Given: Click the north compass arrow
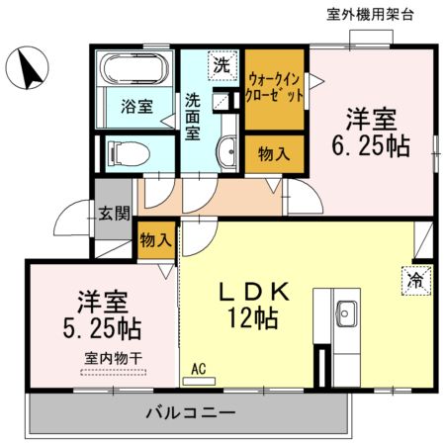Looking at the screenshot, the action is click(x=30, y=69).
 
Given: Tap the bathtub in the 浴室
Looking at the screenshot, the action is click(x=133, y=68).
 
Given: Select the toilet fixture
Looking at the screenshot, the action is click(x=129, y=153).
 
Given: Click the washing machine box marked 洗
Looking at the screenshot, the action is click(x=222, y=65).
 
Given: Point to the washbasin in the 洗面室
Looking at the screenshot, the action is click(x=226, y=152).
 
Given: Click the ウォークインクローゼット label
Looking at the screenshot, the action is click(x=274, y=87).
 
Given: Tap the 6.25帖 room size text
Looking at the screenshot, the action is click(x=371, y=145).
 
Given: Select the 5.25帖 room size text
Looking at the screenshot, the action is click(x=102, y=328).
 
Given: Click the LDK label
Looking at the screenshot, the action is click(x=254, y=292).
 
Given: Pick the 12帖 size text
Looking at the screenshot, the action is click(x=253, y=317).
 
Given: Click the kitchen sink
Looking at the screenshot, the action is click(x=346, y=313).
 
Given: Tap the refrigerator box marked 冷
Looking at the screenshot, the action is click(x=416, y=281).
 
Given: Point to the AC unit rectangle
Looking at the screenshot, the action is click(x=199, y=382).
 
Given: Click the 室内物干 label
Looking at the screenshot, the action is click(x=113, y=358).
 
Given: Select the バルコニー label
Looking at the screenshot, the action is click(x=191, y=412).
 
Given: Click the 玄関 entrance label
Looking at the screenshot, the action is click(x=114, y=214).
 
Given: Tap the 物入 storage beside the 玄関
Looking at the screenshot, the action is click(x=156, y=239).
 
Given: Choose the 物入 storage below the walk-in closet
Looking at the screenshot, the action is click(x=274, y=154).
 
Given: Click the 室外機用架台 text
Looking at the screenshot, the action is click(x=370, y=15).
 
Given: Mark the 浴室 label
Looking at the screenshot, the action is click(x=136, y=106).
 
